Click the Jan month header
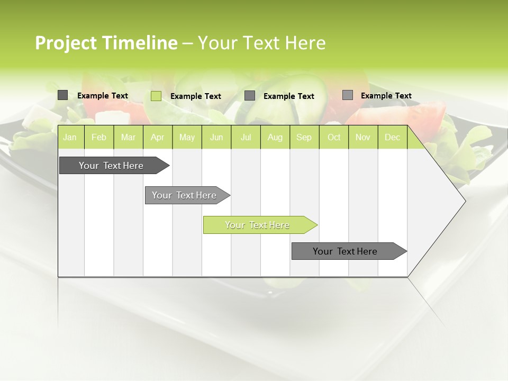point(70,137)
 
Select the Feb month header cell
point(99,137)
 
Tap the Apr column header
point(157,137)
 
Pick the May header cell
point(187,137)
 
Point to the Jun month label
point(216,137)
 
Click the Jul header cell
point(246,137)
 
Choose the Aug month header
point(275,137)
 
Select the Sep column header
point(304,137)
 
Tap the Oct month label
point(334,137)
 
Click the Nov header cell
point(363,137)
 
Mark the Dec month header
point(392,137)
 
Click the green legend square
point(156,96)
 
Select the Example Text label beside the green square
point(195,96)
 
